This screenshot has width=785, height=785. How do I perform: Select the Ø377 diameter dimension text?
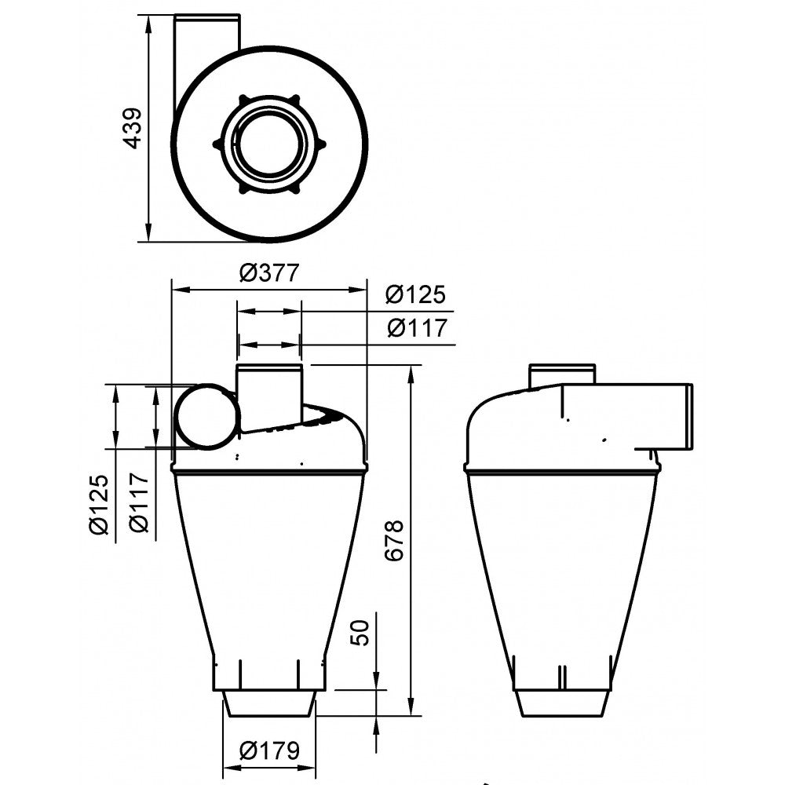(269, 273)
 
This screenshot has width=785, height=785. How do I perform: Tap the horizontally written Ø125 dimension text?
(416, 295)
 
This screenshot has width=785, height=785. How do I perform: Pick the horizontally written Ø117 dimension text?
(416, 328)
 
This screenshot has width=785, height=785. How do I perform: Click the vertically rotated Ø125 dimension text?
(98, 504)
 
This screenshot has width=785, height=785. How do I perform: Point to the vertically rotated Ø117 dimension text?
(141, 504)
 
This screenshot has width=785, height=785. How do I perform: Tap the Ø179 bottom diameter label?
(269, 751)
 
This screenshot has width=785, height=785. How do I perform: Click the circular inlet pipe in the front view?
(206, 416)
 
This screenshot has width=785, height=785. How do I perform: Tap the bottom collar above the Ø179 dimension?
(269, 703)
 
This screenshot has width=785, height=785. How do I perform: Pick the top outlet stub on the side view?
(561, 374)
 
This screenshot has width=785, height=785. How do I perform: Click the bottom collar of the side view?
(561, 703)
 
